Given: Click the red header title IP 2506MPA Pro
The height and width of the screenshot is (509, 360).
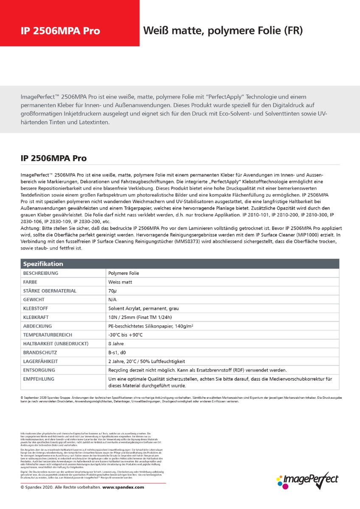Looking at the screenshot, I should pos(60,31).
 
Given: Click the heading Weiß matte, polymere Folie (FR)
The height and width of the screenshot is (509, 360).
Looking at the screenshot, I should pos(223,31).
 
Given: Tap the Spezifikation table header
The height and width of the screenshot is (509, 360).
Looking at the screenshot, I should pos(43,264).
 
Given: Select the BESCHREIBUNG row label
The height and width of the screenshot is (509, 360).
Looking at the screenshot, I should pos(41,273).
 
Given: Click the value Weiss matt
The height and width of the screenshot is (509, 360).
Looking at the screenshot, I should pos(122,282).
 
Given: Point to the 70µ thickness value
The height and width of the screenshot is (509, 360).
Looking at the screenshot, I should pos(112,291).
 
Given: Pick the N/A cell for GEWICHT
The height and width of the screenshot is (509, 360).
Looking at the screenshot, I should pos(113,300).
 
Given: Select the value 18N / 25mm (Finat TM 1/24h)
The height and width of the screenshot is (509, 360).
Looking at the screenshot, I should pos(140,317).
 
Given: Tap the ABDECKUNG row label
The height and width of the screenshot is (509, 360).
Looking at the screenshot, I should pos(37,326).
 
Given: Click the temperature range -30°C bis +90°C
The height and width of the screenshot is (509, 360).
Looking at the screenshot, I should pos(126,335).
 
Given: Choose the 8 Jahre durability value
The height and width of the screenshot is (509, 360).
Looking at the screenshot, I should pos(116,344).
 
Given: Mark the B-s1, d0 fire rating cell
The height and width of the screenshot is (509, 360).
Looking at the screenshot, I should pos(117,352).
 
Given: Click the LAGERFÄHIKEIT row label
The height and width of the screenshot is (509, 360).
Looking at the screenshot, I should pos(40,361).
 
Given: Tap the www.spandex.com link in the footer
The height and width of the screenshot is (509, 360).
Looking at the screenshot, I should pos(123,487).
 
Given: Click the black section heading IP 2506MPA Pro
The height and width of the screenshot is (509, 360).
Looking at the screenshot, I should pos(53,159).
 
